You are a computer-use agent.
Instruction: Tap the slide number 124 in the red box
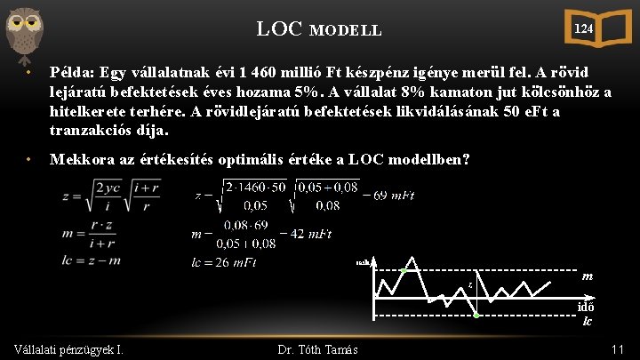click(x=582, y=28)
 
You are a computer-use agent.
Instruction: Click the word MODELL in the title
click(x=346, y=30)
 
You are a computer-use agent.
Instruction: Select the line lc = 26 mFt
click(x=223, y=262)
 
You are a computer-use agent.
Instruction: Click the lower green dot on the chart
click(x=476, y=316)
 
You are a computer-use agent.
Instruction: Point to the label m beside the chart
click(x=588, y=276)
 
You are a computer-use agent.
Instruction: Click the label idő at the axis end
click(x=587, y=306)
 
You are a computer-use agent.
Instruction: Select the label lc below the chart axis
click(x=588, y=321)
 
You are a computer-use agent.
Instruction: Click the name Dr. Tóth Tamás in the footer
click(x=317, y=349)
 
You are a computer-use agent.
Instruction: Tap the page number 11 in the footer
click(x=618, y=349)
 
